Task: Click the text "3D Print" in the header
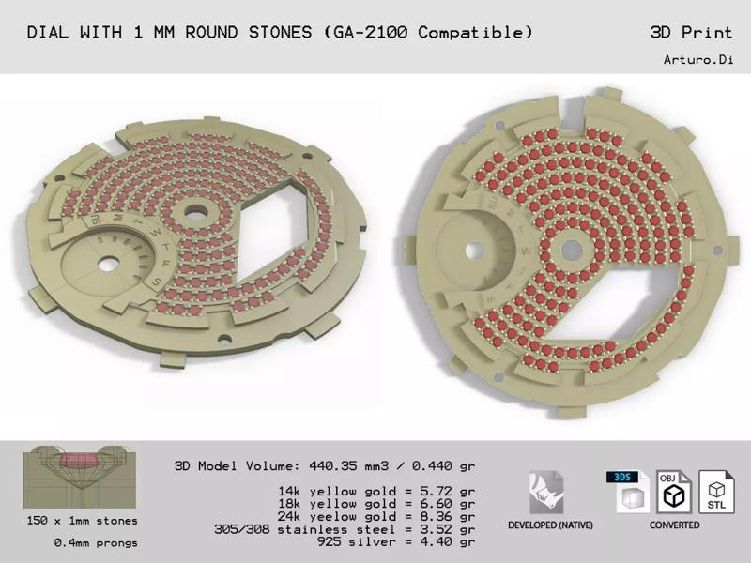[691, 33]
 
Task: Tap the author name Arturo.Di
[697, 60]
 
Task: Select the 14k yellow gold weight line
[376, 490]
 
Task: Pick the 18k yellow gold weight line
[376, 503]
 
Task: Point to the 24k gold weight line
[376, 516]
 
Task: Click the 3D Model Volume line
[325, 465]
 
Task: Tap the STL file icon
[716, 492]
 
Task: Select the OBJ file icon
[674, 491]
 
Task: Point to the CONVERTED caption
[674, 525]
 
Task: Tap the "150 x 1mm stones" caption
[83, 521]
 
